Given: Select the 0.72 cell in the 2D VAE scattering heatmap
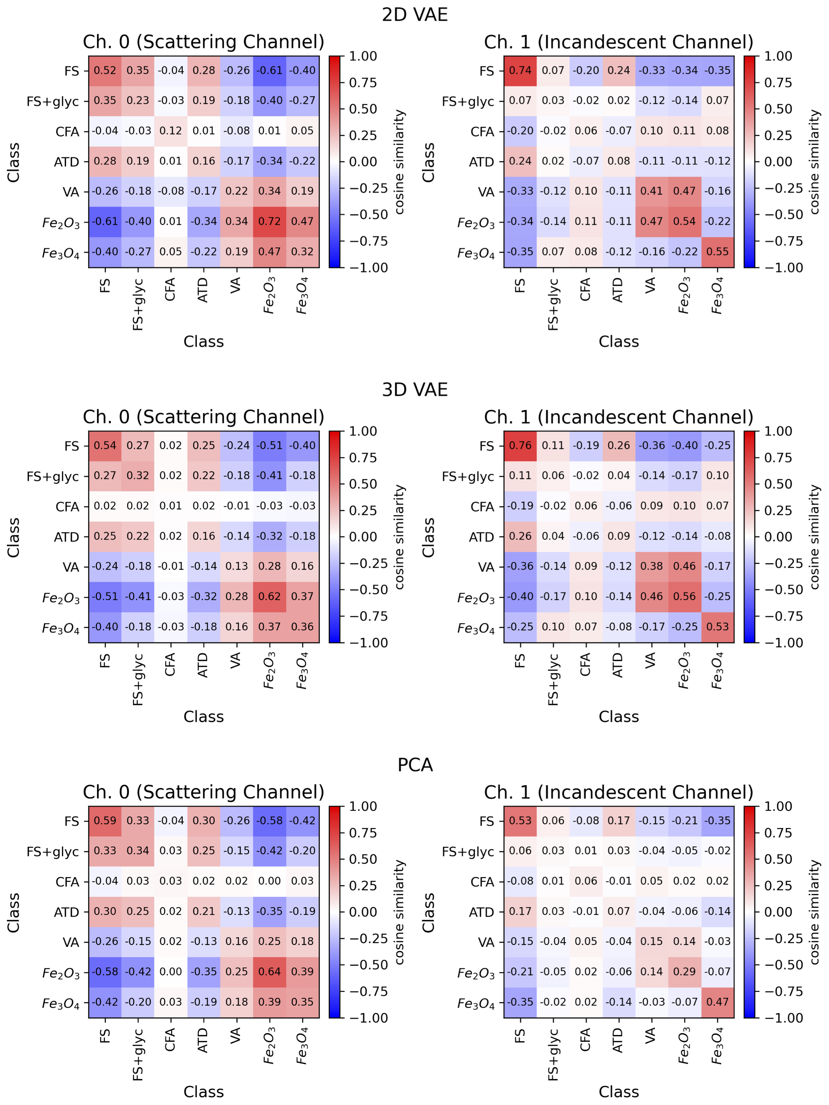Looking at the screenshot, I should click(x=269, y=221).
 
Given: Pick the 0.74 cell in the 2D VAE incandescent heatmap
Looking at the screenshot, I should click(x=520, y=70).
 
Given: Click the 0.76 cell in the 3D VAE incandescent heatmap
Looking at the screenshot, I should click(x=520, y=446).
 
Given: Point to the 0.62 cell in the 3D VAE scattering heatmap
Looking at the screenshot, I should click(x=269, y=596).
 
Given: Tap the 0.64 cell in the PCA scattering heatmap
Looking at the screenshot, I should click(x=269, y=972).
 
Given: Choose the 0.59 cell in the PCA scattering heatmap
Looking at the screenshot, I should click(x=105, y=821).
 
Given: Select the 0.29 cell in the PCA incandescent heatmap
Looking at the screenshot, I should click(x=684, y=972).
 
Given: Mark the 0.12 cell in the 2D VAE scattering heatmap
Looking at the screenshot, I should click(x=170, y=131).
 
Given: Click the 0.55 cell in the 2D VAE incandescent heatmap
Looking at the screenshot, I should click(x=717, y=252).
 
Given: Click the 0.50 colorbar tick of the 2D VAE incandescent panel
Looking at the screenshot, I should click(x=778, y=109).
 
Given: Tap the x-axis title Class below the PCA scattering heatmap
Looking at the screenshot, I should click(x=204, y=1091).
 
